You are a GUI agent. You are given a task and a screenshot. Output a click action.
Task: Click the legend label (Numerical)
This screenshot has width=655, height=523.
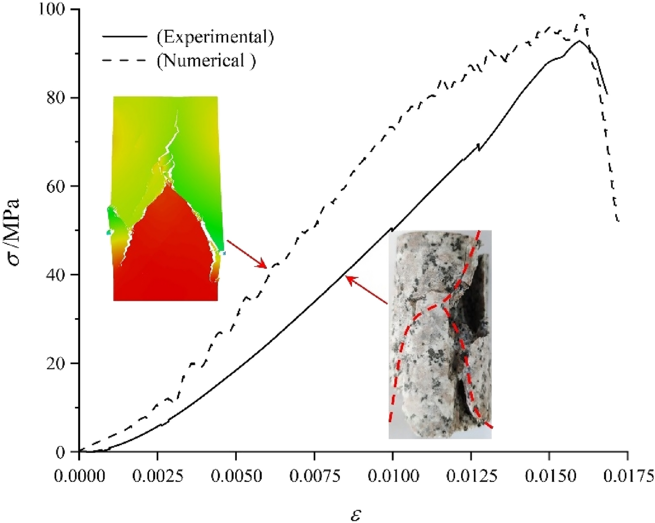point(206,61)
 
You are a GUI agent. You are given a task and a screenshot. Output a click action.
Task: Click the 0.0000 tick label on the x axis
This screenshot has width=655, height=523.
point(79,476)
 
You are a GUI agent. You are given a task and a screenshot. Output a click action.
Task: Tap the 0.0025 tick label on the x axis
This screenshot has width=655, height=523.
point(157,476)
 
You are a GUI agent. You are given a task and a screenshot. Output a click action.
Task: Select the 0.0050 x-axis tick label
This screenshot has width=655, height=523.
point(236,476)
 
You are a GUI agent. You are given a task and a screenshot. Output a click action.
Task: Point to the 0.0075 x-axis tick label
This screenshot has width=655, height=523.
point(314,476)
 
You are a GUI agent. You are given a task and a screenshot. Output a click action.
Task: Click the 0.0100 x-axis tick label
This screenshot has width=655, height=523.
point(392,476)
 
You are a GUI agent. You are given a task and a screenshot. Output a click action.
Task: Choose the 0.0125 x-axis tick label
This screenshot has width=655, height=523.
point(471,476)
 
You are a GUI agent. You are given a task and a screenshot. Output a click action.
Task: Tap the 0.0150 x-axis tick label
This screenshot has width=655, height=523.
point(549,476)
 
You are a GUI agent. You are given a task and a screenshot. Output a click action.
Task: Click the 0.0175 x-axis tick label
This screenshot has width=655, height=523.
point(627,476)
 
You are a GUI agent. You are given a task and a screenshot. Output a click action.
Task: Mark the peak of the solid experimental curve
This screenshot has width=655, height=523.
point(579,41)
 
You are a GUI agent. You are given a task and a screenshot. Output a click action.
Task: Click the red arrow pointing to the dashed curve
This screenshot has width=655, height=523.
point(247,254)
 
